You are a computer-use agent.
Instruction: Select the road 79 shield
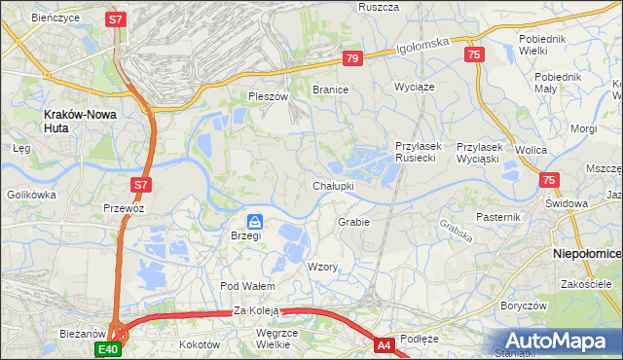pyautogui.click(x=352, y=59)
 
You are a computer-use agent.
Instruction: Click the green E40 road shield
pyautogui.click(x=107, y=349)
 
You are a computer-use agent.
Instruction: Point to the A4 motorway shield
pyautogui.click(x=385, y=343)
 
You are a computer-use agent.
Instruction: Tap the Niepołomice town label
pyautogui.click(x=587, y=253)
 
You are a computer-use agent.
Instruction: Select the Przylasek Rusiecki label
pyautogui.click(x=420, y=152)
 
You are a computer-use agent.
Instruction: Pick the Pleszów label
pyautogui.click(x=269, y=96)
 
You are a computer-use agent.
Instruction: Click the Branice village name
pyautogui.click(x=330, y=90)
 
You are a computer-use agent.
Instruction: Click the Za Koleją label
pyautogui.click(x=256, y=311)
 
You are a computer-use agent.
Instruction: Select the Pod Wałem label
pyautogui.click(x=248, y=286)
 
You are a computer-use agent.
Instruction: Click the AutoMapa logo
pyautogui.click(x=558, y=342)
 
